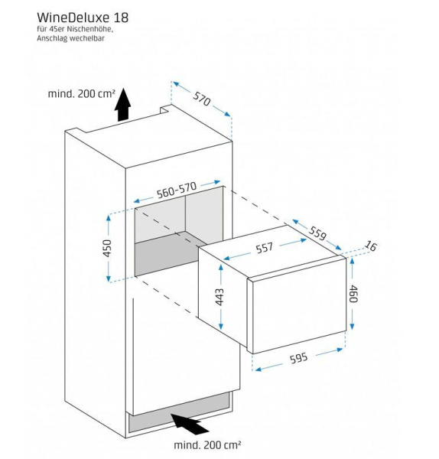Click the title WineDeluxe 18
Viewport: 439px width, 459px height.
[x=83, y=18]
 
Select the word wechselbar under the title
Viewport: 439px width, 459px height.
[x=87, y=38]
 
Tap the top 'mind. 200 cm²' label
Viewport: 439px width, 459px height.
[x=82, y=93]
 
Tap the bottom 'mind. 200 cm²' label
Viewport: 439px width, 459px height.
[x=207, y=445]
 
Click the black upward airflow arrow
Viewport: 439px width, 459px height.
[x=122, y=104]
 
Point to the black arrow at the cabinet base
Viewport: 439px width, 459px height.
[x=190, y=423]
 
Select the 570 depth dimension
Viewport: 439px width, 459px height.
[x=201, y=99]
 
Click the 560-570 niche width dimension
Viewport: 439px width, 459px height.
[x=176, y=190]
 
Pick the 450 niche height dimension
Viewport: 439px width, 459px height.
[x=107, y=248]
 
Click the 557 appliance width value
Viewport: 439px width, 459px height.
[x=265, y=248]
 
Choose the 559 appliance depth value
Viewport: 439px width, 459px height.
[x=317, y=233]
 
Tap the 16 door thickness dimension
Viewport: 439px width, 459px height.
[x=370, y=246]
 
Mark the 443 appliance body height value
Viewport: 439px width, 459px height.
[x=219, y=297]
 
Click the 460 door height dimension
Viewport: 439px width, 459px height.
[x=353, y=294]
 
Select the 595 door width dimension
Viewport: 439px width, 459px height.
[x=298, y=358]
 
